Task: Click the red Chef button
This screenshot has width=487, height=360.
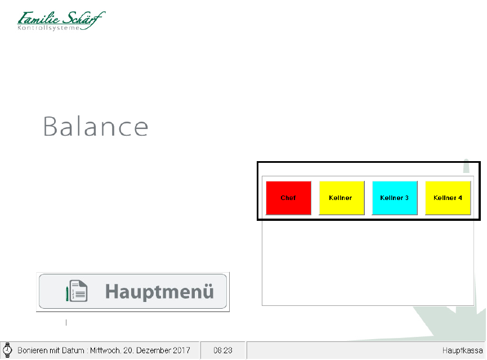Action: (288, 198)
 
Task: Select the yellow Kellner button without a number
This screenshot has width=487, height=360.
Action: (342, 198)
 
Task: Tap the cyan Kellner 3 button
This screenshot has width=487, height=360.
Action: (395, 198)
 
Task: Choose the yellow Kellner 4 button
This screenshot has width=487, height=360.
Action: (448, 198)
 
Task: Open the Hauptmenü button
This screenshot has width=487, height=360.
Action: (133, 291)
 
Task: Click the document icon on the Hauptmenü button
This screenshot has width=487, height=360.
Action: (77, 291)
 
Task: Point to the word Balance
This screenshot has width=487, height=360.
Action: (95, 127)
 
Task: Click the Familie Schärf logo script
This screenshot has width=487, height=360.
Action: (61, 18)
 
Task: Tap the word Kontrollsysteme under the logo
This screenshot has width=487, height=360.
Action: (49, 28)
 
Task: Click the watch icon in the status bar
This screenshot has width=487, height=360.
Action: (7, 350)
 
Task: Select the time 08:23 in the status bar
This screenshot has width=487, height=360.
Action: (223, 350)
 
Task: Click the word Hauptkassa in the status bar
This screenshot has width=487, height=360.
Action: (462, 350)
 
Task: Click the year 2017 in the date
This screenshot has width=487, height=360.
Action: (181, 350)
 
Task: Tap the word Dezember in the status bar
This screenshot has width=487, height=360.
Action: (153, 350)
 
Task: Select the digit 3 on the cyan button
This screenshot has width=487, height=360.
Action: (406, 198)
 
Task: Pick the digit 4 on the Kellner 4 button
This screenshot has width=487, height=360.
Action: (460, 198)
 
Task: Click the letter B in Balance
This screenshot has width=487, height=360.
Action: (50, 127)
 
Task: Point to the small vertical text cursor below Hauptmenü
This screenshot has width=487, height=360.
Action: (66, 323)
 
